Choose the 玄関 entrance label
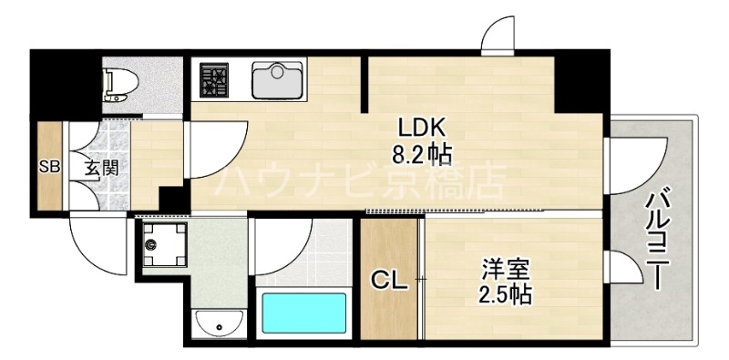101,168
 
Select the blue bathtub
305,313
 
